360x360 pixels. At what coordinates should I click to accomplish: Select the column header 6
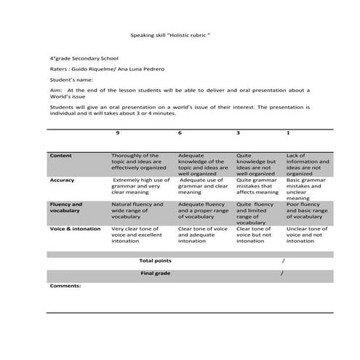point(180,133)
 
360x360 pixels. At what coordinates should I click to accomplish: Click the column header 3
point(239,133)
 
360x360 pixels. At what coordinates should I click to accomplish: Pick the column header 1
point(288,133)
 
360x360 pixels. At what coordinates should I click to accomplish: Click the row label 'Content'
point(60,156)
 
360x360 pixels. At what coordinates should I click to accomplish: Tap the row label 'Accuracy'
point(62,180)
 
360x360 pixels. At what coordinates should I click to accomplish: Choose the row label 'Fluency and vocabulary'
point(66,208)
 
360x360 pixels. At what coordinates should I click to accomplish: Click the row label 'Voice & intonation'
point(75,229)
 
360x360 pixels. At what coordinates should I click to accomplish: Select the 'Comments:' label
point(65,286)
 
